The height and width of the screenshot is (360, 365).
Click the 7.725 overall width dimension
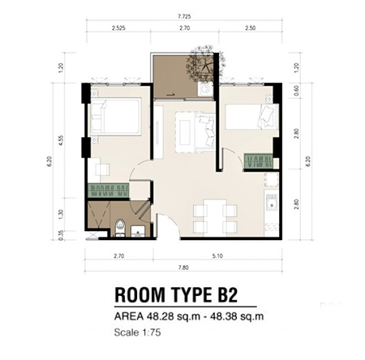tap(184, 16)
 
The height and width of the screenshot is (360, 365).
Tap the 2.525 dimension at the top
tap(118, 28)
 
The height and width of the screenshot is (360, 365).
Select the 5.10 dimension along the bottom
tap(217, 255)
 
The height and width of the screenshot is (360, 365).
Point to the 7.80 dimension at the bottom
tap(183, 268)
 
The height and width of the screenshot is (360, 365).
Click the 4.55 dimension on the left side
tap(60, 140)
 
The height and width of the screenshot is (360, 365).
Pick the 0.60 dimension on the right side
tap(296, 90)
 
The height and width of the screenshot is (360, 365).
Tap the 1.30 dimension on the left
tap(60, 215)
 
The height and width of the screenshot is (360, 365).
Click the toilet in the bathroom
tap(120, 228)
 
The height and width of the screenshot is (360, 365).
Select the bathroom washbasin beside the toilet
tap(138, 231)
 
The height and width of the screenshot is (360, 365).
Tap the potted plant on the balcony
tap(207, 62)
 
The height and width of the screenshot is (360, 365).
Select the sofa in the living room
tap(204, 132)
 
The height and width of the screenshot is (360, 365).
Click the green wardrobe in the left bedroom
tap(109, 191)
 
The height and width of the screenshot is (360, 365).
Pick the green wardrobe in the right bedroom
tap(258, 161)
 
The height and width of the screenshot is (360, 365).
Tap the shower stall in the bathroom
tap(99, 215)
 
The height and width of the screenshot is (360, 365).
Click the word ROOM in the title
tap(140, 294)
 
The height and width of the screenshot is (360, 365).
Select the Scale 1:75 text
tap(137, 332)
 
